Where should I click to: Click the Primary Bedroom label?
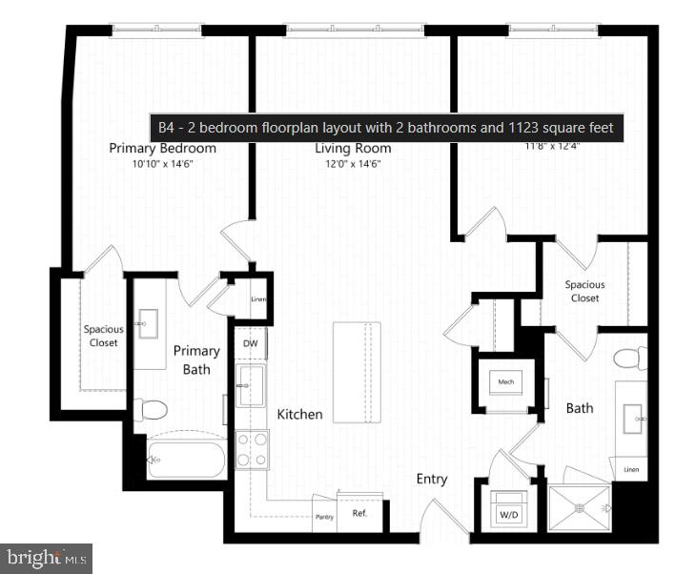162,148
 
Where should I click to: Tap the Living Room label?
353,148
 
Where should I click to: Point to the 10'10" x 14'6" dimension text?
162,164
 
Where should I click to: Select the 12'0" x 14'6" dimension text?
353,164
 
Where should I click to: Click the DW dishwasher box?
251,343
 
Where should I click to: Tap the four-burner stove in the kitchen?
252,449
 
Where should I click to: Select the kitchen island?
357,371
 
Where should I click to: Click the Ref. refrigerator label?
359,513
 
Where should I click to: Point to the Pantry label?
324,517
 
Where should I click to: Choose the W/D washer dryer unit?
509,511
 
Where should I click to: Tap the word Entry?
431,479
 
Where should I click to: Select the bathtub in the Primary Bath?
186,460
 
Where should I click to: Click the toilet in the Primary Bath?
151,410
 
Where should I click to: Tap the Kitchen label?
299,415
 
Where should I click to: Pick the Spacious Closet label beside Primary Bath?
103,336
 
